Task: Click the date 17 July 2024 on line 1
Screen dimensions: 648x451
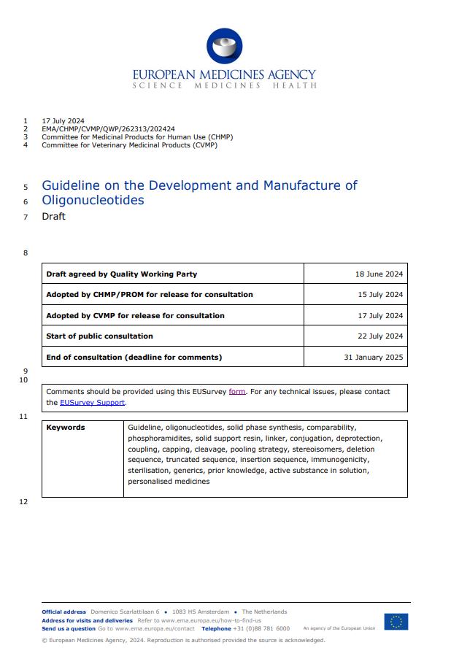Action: tap(63, 120)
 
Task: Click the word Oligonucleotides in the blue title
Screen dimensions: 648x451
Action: tap(93, 200)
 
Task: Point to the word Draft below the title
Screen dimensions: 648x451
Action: tap(53, 217)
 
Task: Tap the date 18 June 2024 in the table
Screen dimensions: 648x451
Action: tap(379, 274)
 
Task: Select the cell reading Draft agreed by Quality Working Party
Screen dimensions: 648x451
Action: tap(121, 274)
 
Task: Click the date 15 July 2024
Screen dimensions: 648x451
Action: tap(379, 295)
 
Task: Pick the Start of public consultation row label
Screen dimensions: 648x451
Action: tap(99, 336)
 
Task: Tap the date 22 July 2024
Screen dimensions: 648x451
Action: tap(379, 336)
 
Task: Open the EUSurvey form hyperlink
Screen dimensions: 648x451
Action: tap(237, 392)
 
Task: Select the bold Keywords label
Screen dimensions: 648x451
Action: tap(66, 428)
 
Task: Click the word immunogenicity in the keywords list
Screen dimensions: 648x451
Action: tap(340, 460)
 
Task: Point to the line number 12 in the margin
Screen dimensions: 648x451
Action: tap(23, 502)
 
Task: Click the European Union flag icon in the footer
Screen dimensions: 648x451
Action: tap(396, 622)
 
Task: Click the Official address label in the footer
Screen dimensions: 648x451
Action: tap(63, 612)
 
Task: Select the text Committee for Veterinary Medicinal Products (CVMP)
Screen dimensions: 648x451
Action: tap(129, 144)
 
